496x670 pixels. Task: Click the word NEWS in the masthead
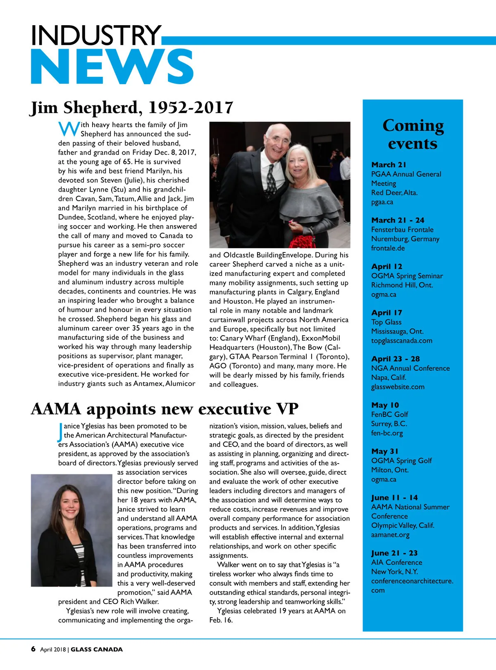[x=112, y=67]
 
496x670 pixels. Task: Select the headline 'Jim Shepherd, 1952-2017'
[x=132, y=108]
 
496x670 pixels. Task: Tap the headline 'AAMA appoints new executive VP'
[x=165, y=409]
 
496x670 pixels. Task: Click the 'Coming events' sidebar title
[x=413, y=135]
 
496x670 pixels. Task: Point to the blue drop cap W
[x=69, y=129]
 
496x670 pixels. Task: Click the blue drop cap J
[x=60, y=432]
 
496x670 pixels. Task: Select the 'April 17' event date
[x=386, y=313]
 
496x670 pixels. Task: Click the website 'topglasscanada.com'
[x=401, y=341]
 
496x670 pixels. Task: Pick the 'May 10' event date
[x=385, y=405]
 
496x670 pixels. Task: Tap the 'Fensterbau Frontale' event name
[x=402, y=230]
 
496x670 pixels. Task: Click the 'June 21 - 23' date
[x=394, y=553]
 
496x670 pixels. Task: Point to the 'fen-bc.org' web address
[x=387, y=433]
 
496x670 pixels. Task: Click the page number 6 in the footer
[x=33, y=649]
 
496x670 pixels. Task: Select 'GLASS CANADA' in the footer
[x=97, y=649]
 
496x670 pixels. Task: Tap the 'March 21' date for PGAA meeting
[x=389, y=165]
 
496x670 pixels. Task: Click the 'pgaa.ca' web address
[x=382, y=202]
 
